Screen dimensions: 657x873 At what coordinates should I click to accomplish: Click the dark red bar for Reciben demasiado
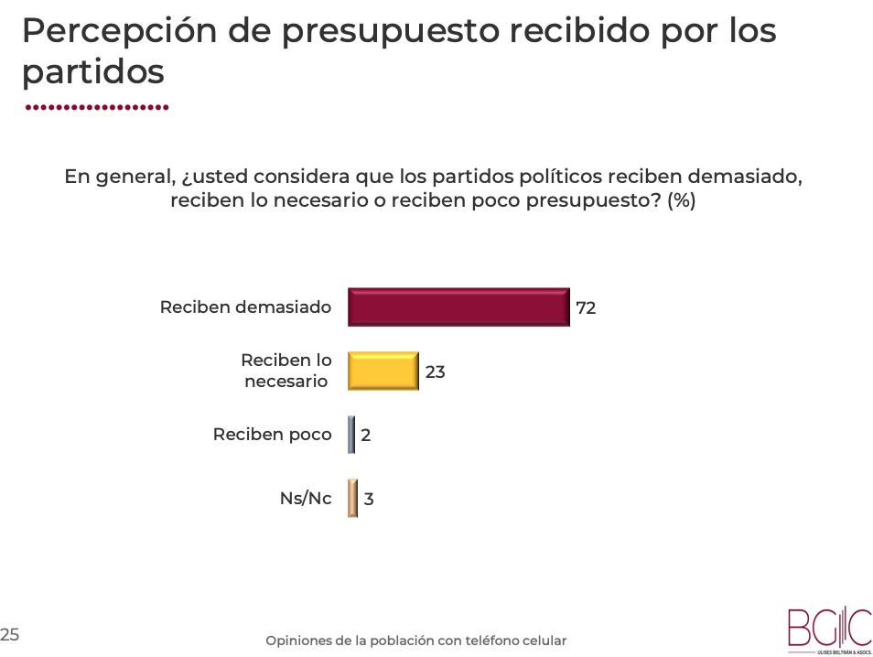tap(458, 307)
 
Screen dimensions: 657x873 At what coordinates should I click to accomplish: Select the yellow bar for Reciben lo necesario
tap(383, 371)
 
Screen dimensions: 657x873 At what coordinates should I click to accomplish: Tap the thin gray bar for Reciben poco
tap(351, 435)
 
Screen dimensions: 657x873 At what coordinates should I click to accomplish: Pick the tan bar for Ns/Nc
tap(352, 499)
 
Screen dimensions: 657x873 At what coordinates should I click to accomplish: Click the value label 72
tap(586, 308)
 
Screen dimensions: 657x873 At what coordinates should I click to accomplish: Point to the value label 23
tap(436, 372)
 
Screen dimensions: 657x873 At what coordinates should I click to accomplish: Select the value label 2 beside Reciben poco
tap(366, 436)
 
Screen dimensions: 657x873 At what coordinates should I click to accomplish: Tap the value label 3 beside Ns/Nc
tap(369, 500)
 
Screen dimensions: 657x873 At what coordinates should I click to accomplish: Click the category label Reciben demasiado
tap(245, 307)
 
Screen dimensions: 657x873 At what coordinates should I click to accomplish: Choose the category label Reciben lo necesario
tap(286, 371)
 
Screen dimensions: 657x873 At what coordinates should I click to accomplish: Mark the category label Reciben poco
tap(272, 435)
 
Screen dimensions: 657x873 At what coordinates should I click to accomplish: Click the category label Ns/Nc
tap(306, 499)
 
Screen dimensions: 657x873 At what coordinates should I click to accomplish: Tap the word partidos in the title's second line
tap(92, 73)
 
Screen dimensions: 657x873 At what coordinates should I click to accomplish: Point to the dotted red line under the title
tap(96, 107)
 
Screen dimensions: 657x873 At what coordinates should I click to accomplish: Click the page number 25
tap(10, 633)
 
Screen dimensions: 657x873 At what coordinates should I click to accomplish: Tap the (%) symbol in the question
tap(682, 200)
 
